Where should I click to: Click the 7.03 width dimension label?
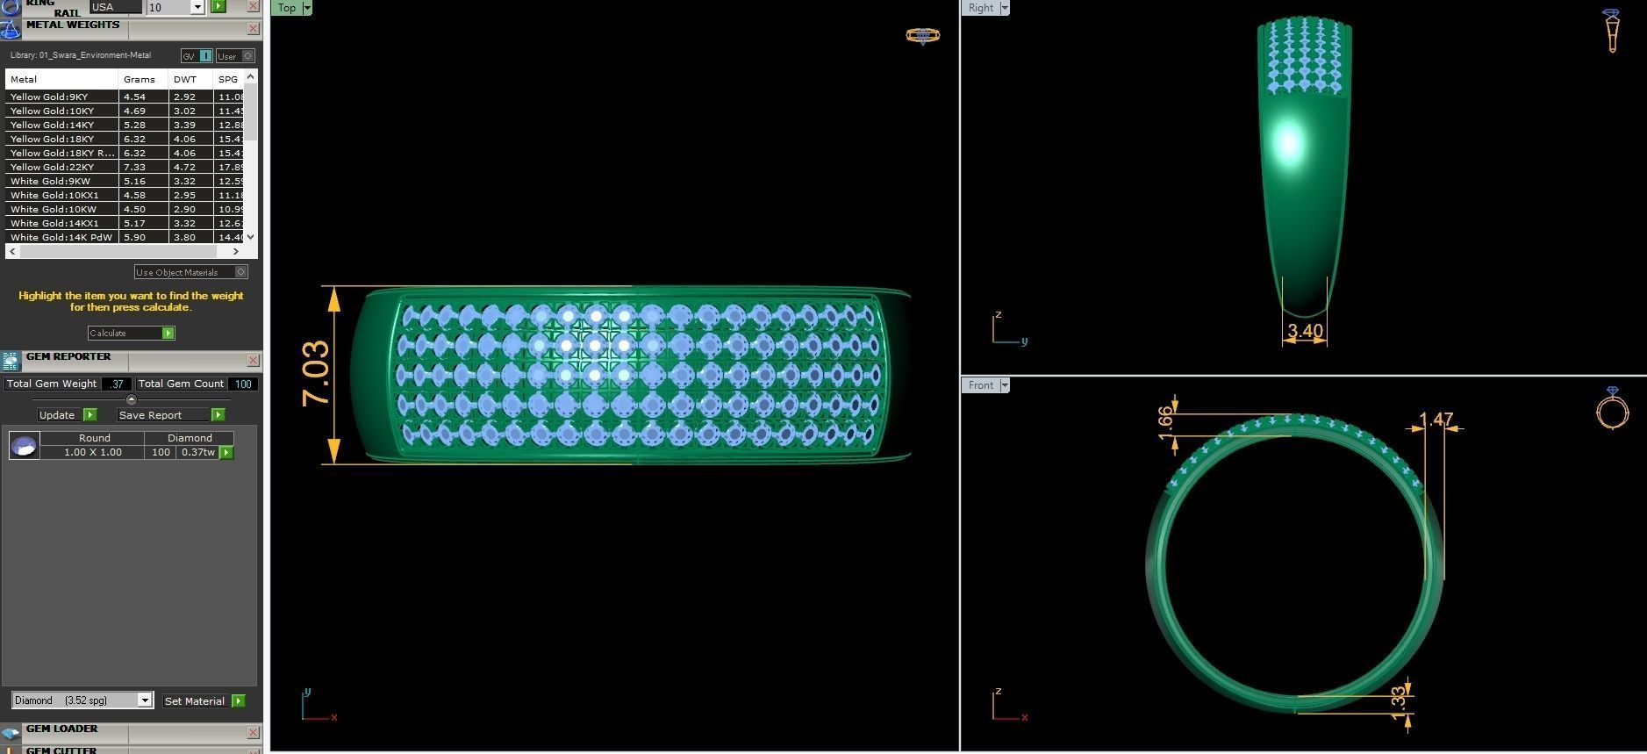point(316,374)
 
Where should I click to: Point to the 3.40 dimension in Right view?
point(1305,331)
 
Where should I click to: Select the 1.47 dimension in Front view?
point(1436,420)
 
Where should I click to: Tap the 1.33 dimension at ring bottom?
point(1399,702)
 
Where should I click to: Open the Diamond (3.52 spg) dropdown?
point(145,700)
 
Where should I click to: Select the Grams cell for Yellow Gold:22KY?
point(135,167)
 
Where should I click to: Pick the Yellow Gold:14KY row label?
point(53,125)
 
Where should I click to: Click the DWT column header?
point(185,79)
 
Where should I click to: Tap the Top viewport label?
point(287,8)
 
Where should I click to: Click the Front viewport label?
point(981,385)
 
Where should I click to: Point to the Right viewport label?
point(981,8)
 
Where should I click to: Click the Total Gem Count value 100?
point(243,384)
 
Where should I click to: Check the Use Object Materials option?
point(241,272)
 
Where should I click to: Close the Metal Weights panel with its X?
point(253,29)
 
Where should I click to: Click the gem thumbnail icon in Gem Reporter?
point(24,446)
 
